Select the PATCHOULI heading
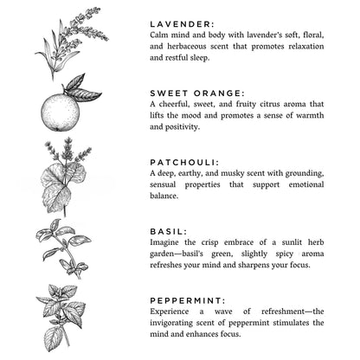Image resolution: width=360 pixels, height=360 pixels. [x=184, y=161]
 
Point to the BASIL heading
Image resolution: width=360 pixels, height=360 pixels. [x=168, y=231]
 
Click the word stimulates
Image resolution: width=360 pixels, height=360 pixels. [x=282, y=322]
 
